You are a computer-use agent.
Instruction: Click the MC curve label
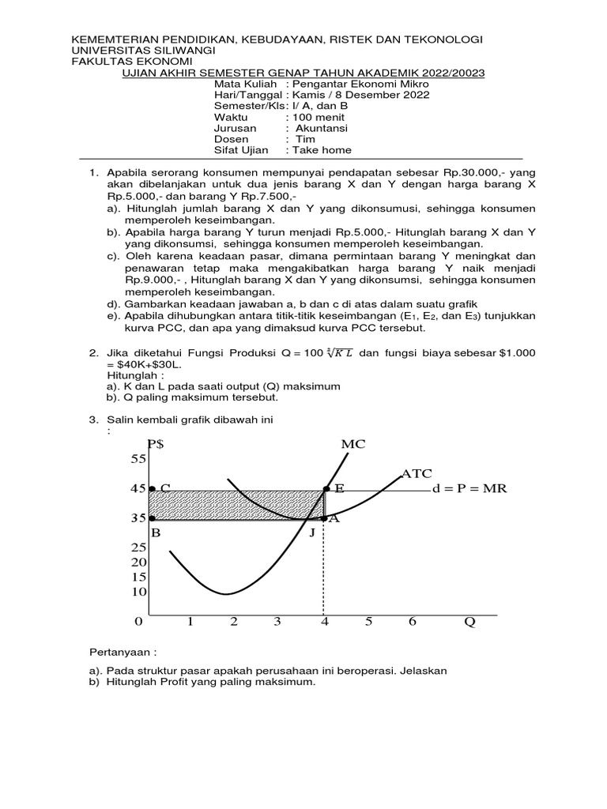click(353, 445)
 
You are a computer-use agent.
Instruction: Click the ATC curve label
click(416, 473)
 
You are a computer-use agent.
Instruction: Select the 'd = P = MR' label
click(469, 489)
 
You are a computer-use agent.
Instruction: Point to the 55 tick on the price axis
click(139, 459)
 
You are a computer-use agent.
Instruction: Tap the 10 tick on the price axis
click(139, 592)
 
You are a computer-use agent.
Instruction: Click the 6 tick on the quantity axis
click(412, 622)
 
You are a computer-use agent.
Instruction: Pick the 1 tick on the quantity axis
click(190, 622)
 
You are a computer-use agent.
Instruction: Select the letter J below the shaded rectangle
click(311, 533)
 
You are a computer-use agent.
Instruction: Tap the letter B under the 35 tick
click(156, 533)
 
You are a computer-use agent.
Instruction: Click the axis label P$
click(156, 444)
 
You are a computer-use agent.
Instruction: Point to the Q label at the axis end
click(469, 622)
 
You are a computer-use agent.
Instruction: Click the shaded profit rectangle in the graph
click(237, 505)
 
